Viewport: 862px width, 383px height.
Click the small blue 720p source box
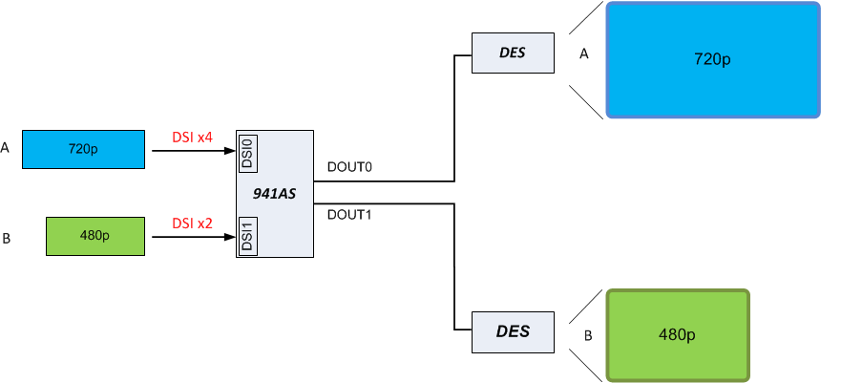[x=82, y=149]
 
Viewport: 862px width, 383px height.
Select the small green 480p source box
[x=95, y=236]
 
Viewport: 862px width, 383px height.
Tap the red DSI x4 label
[x=192, y=138]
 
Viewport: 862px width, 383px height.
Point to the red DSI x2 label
[x=192, y=223]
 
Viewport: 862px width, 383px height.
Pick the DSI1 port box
[x=245, y=236]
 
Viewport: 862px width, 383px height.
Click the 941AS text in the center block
[x=274, y=193]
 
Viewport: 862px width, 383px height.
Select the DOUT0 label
[x=348, y=167]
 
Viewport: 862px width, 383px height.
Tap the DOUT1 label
[x=348, y=214]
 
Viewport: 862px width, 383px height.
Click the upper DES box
[x=513, y=53]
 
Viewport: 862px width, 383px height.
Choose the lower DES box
[x=513, y=331]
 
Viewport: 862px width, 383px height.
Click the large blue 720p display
[x=713, y=60]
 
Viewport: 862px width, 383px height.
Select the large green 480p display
[x=677, y=335]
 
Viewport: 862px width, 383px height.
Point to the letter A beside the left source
[x=6, y=148]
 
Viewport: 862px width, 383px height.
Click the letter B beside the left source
[x=6, y=238]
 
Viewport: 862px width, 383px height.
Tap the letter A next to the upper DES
[x=584, y=55]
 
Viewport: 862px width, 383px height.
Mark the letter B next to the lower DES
[x=588, y=335]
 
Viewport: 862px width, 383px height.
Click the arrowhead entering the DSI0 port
[x=230, y=150]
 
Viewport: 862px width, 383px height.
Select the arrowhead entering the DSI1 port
[x=230, y=236]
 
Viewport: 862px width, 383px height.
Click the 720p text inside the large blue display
[x=712, y=60]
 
